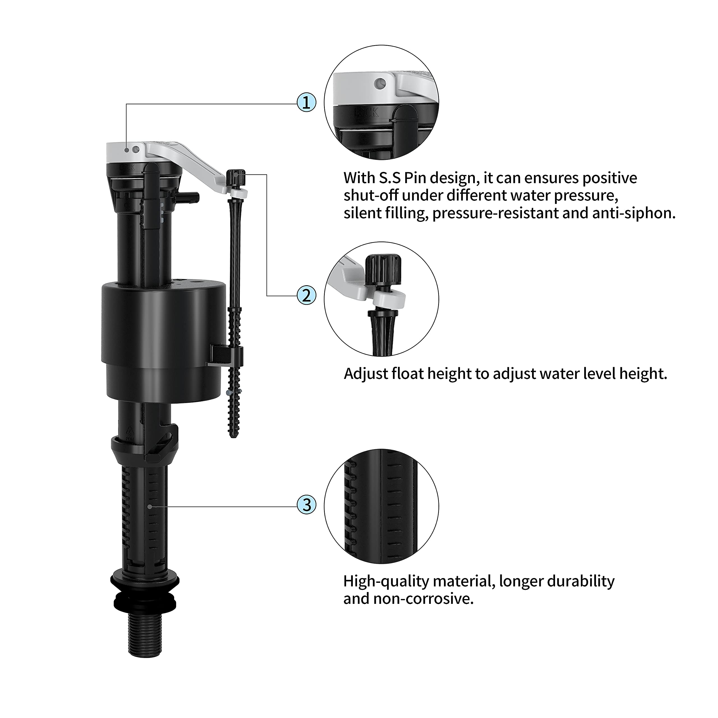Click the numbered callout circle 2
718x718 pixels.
pos(306,296)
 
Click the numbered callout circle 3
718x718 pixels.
pos(306,505)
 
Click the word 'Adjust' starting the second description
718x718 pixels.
pos(365,374)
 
